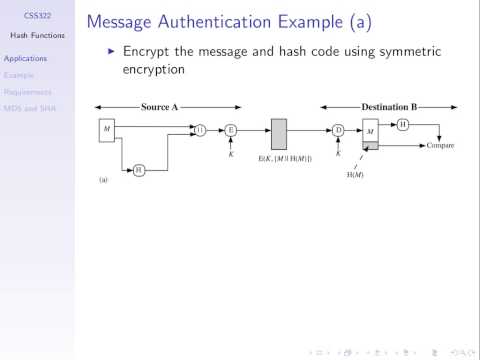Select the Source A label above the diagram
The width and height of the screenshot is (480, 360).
click(x=161, y=106)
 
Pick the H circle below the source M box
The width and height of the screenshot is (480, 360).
click(x=139, y=170)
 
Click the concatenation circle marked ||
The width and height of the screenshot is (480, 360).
click(x=200, y=129)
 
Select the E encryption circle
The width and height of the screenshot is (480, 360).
click(x=231, y=129)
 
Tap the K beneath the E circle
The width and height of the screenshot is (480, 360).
click(x=231, y=154)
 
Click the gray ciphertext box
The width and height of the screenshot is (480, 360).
click(x=279, y=133)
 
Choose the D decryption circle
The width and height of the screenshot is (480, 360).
click(x=338, y=129)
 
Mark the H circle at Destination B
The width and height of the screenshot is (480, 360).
click(x=403, y=123)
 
